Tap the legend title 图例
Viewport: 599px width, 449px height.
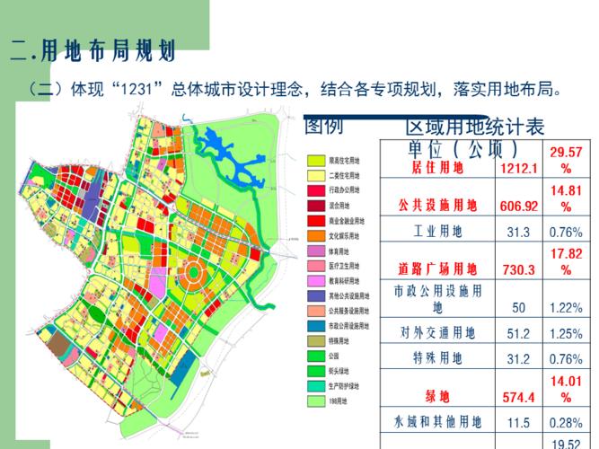pos(323,126)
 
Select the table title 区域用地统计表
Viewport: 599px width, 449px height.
pos(475,128)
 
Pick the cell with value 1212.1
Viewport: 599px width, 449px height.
pos(519,169)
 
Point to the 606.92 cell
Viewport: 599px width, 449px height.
pos(519,207)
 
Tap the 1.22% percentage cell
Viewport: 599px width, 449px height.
pos(566,308)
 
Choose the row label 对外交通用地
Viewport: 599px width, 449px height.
pos(437,333)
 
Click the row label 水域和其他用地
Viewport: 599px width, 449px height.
pos(437,422)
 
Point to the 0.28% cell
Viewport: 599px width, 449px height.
pos(566,422)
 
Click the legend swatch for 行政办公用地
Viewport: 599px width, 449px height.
pos(315,190)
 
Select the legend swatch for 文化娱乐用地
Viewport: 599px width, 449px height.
pos(315,235)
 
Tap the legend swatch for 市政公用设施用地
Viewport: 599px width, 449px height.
pos(315,326)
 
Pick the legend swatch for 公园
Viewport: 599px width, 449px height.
pos(315,356)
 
